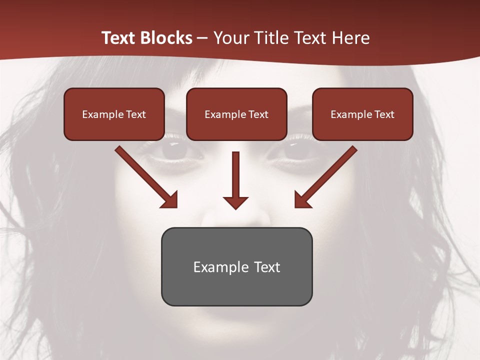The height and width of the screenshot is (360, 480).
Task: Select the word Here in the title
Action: [x=350, y=38]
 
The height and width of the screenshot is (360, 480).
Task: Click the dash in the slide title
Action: [x=202, y=38]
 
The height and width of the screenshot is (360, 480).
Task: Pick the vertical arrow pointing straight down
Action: [x=235, y=175]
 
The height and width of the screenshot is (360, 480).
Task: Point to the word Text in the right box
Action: [x=384, y=114]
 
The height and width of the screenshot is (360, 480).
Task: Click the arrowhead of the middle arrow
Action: [x=235, y=202]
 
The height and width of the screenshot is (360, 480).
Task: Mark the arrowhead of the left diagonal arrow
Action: [x=170, y=199]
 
